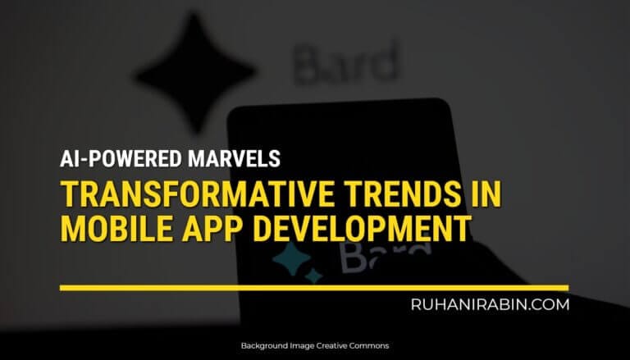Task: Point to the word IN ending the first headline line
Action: tap(484, 197)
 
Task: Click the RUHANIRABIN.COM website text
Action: tap(490, 304)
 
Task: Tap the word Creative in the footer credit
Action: tap(331, 346)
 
